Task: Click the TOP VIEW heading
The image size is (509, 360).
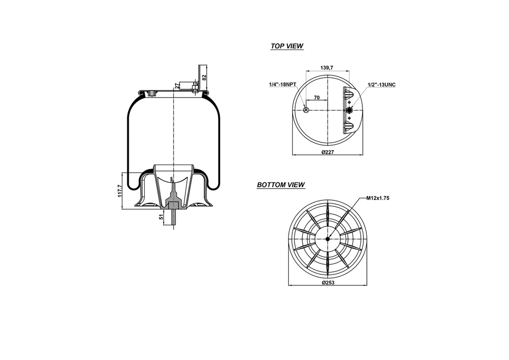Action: point(287,46)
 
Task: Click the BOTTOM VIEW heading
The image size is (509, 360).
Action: point(281,185)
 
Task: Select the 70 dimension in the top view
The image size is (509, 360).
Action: point(317,98)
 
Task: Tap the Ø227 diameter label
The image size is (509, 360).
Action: point(327,152)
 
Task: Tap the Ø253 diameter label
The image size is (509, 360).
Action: point(327,282)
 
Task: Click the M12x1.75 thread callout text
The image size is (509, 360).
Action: point(377,198)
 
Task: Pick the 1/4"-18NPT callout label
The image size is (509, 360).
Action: point(283,85)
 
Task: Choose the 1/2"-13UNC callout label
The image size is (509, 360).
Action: point(381,85)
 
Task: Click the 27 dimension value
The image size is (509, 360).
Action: point(177,86)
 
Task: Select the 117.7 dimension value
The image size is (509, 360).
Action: point(119,191)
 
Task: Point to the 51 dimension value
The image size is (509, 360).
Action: point(161,217)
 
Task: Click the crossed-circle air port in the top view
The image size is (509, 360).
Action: point(306,110)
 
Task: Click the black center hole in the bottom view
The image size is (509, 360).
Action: point(328,239)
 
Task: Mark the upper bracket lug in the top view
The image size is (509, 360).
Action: point(348,94)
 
